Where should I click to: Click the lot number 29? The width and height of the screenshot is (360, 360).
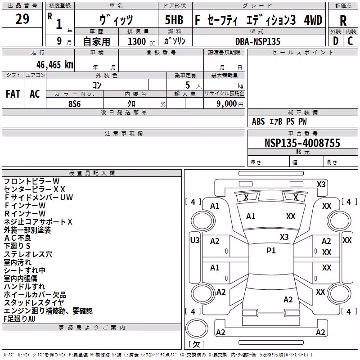[x=22, y=19]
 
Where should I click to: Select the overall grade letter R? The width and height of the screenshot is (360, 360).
[x=343, y=21]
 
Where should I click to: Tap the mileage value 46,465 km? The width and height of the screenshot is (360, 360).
[x=54, y=65]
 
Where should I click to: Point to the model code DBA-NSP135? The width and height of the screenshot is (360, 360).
[x=258, y=41]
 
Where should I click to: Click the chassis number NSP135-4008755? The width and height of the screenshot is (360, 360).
[x=302, y=143]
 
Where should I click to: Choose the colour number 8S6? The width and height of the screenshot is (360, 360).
[x=75, y=104]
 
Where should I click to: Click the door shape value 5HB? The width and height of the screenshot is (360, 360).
[x=174, y=20]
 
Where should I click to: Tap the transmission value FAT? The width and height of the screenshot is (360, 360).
[x=13, y=94]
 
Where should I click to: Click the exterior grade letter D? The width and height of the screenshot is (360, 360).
[x=336, y=41]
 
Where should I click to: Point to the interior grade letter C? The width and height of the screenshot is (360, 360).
[x=350, y=41]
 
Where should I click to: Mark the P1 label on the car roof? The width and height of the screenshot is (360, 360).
[x=271, y=251]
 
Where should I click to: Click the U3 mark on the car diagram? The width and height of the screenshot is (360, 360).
[x=195, y=240]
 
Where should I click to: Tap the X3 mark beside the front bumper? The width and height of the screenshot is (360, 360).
[x=321, y=184]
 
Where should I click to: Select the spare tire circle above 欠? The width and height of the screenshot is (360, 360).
[x=197, y=328]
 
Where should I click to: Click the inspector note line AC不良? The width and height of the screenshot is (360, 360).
[x=18, y=238]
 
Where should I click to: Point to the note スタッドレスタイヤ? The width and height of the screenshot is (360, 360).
[x=34, y=302]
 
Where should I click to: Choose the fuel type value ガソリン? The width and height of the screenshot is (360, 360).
[x=175, y=41]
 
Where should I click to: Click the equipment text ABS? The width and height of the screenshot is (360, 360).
[x=258, y=121]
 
